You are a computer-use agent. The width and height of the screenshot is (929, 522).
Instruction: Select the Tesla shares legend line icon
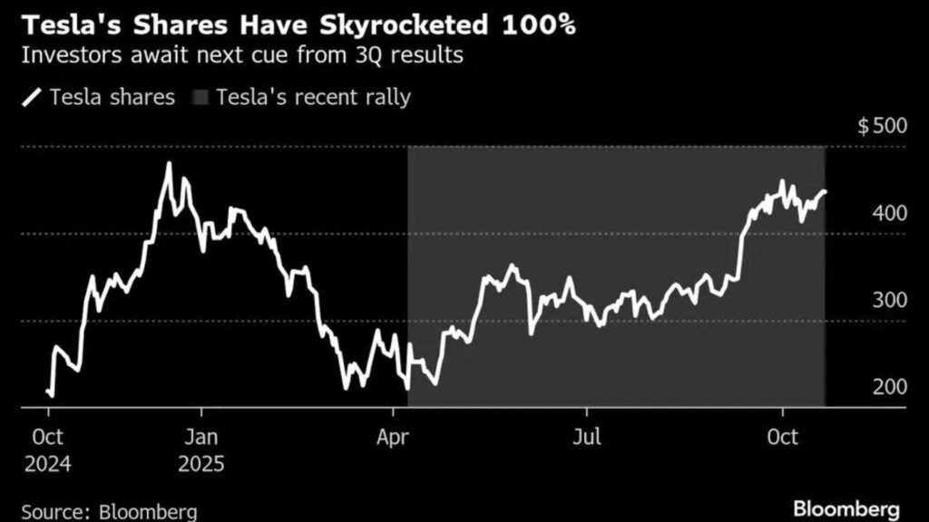click(x=32, y=97)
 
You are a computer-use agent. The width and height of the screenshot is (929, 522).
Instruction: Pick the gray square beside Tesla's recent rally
click(x=199, y=97)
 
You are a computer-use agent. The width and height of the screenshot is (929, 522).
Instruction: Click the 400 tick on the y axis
click(x=889, y=213)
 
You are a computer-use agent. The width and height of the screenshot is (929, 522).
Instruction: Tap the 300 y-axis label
click(x=889, y=300)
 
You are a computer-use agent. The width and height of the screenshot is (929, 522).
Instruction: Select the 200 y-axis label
click(x=889, y=387)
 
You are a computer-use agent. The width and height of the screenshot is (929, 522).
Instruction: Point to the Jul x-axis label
click(x=587, y=438)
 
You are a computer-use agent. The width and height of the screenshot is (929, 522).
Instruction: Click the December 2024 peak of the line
click(x=169, y=164)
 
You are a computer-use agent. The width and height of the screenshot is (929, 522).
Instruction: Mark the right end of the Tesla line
click(x=825, y=191)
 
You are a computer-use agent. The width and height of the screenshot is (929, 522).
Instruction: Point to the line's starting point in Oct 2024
click(x=47, y=391)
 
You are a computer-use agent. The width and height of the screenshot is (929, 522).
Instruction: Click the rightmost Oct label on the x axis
click(x=782, y=438)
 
